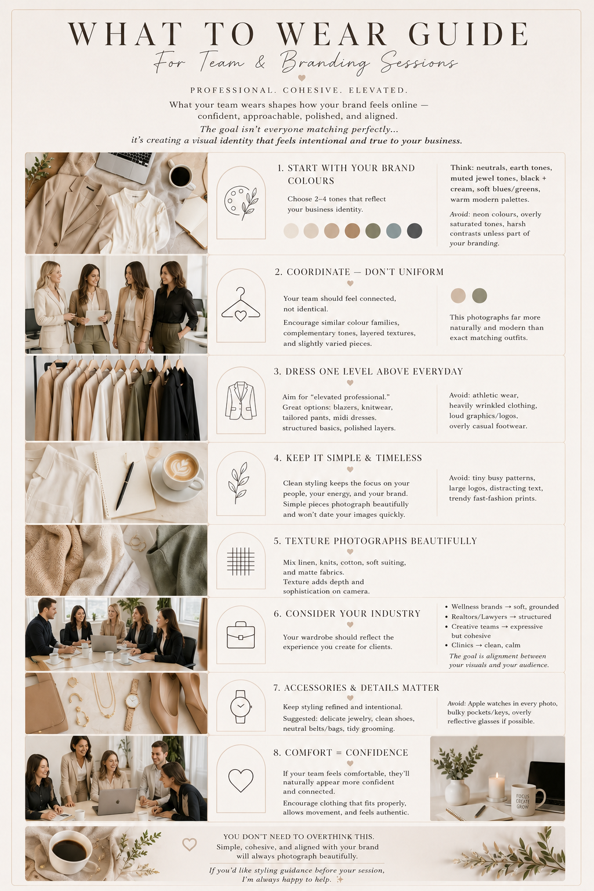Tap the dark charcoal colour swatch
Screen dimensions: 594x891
click(x=414, y=231)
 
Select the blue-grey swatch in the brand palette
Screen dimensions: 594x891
click(x=393, y=231)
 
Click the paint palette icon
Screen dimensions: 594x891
click(x=241, y=204)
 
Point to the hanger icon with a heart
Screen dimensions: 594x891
click(x=241, y=305)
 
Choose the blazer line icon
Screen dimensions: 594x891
click(x=241, y=400)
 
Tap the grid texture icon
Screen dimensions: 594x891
click(x=241, y=562)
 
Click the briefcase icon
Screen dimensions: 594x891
click(x=241, y=635)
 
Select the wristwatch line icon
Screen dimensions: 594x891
click(x=241, y=707)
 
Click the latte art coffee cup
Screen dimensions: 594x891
click(x=181, y=472)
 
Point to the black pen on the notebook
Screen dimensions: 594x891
click(x=125, y=486)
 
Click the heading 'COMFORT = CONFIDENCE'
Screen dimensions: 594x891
click(x=341, y=752)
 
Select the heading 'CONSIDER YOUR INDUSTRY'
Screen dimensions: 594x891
click(x=347, y=614)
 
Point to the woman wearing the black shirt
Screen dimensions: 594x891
click(x=173, y=306)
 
